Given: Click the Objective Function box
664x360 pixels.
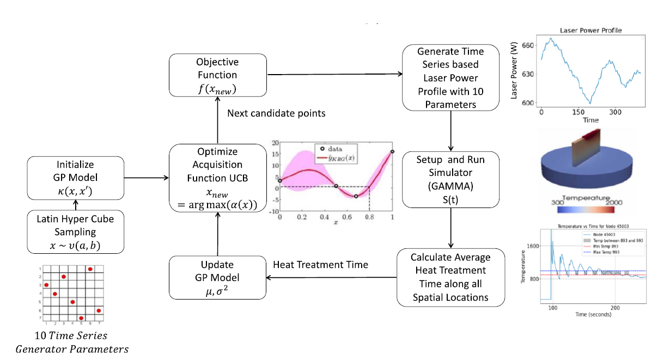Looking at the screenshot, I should tap(217, 75).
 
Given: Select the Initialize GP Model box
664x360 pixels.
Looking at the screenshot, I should tap(76, 177).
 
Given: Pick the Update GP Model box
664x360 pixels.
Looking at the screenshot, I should tap(217, 278).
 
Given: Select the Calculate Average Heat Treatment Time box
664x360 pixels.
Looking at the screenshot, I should tap(450, 277).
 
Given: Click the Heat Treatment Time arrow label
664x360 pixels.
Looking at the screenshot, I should tap(320, 265).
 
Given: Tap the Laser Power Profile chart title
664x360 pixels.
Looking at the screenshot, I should tap(590, 30).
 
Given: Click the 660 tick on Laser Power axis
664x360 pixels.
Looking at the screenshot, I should tap(527, 46).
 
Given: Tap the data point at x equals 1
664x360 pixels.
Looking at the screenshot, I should tap(392, 152).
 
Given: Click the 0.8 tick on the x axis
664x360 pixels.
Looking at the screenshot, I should tap(370, 217).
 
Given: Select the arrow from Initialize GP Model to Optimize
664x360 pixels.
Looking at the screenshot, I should tap(147, 178).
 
